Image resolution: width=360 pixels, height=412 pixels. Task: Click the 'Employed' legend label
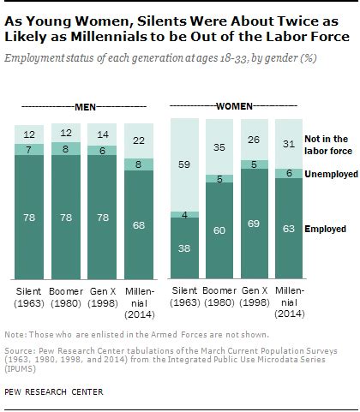327,229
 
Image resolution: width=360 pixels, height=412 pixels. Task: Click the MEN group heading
83,107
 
